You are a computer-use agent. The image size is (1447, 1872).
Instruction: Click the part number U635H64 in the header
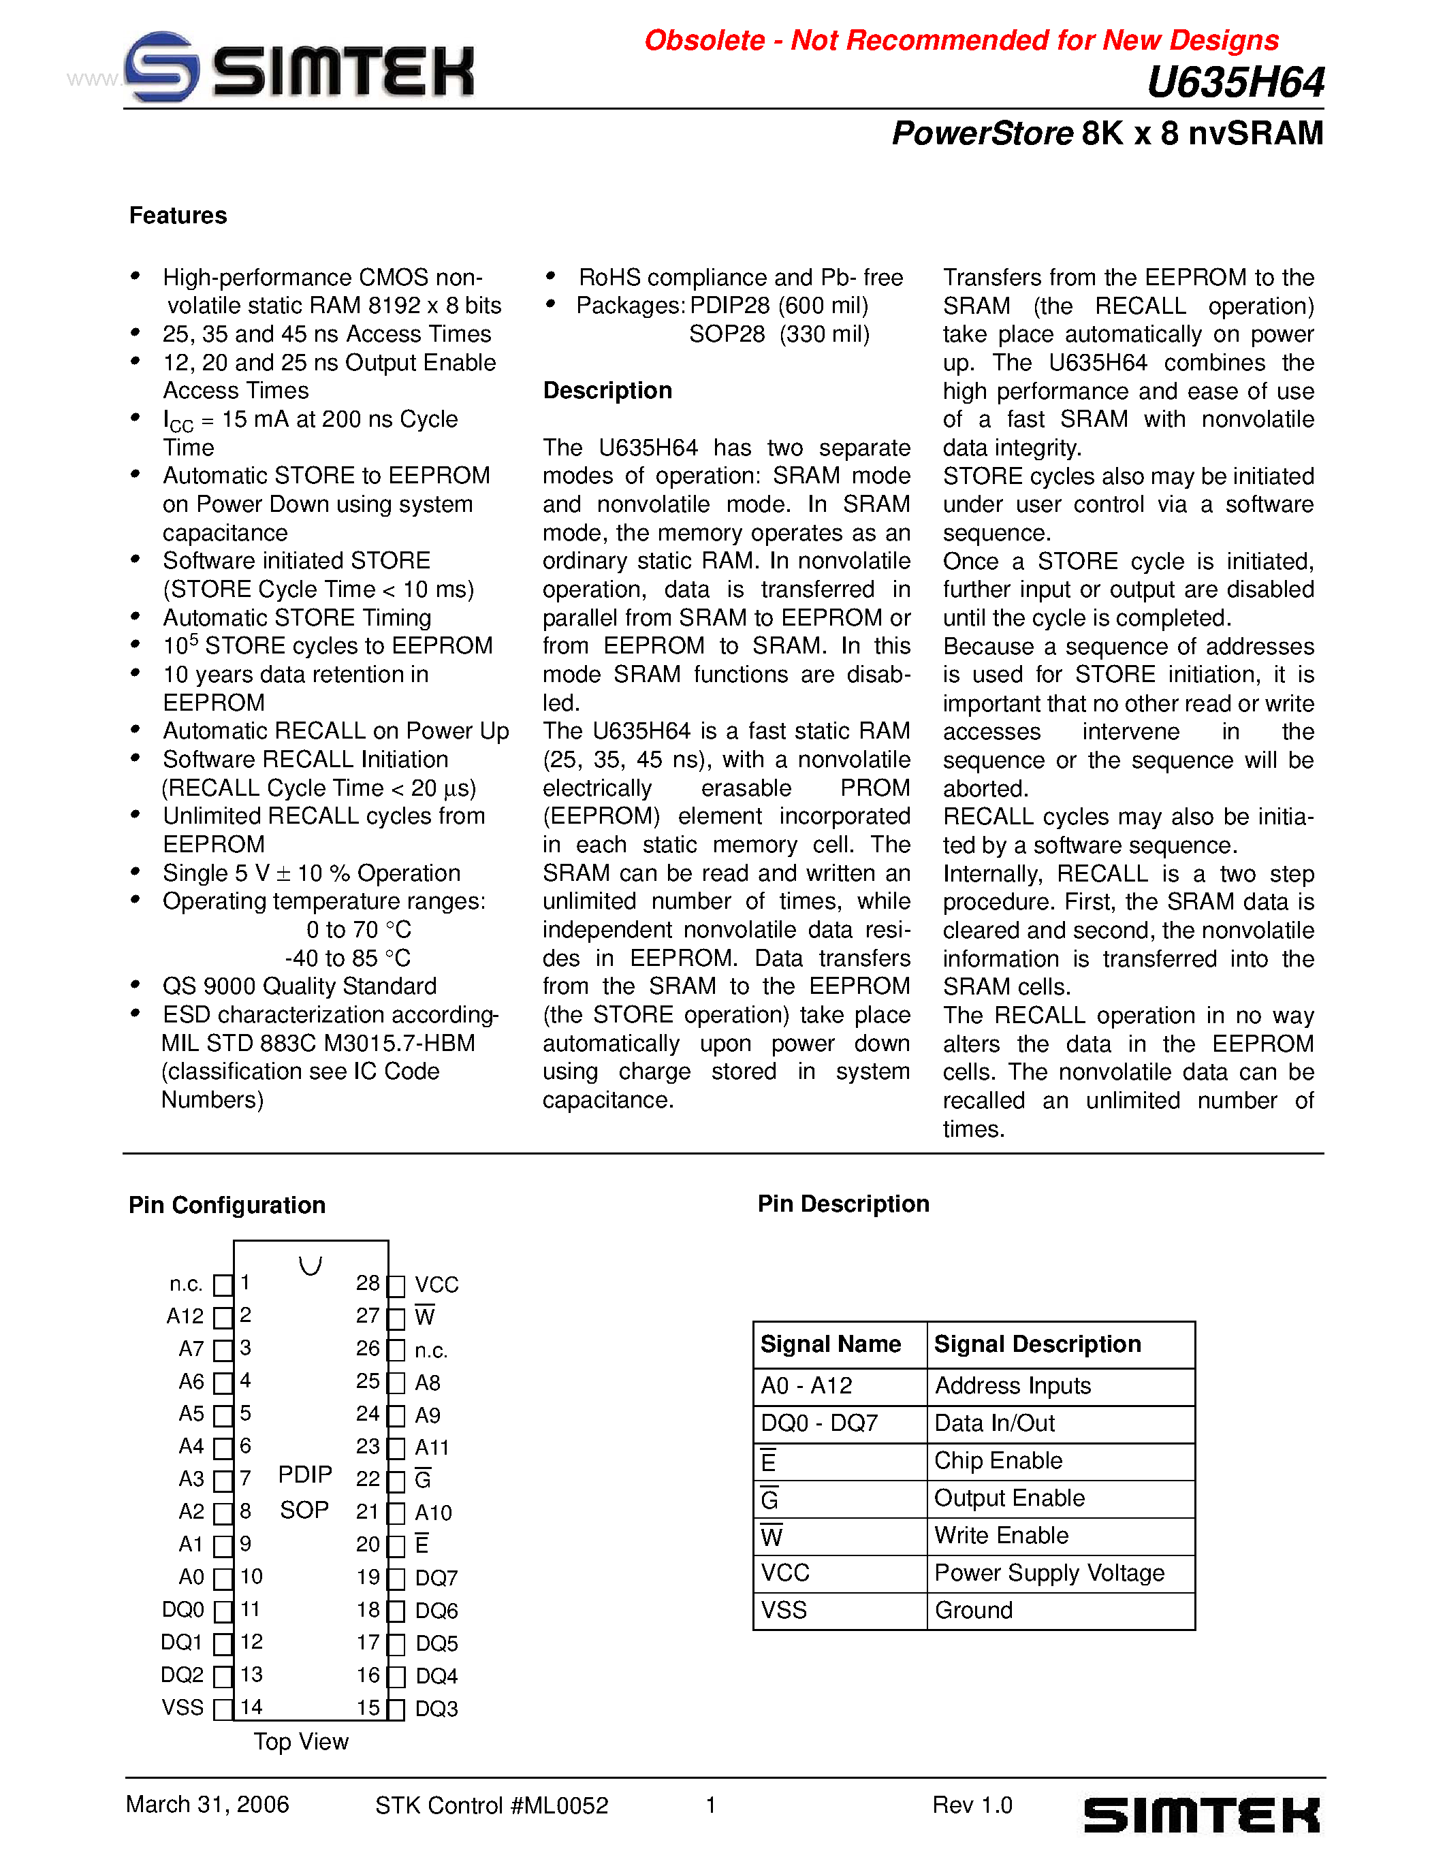click(x=1235, y=83)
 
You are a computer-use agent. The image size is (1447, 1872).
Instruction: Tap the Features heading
click(x=178, y=216)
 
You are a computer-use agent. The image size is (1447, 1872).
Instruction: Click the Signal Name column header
click(x=830, y=1344)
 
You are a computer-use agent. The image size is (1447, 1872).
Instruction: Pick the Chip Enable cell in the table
click(x=998, y=1461)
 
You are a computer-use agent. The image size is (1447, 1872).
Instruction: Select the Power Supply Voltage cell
click(x=1049, y=1573)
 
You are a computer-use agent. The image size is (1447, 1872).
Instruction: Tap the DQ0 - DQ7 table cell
click(x=818, y=1423)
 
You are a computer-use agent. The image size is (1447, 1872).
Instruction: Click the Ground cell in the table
click(x=973, y=1611)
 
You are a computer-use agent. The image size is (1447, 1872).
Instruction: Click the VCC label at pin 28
click(x=436, y=1285)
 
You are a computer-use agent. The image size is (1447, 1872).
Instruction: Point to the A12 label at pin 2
click(x=185, y=1317)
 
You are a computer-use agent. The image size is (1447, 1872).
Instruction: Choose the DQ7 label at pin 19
click(x=436, y=1578)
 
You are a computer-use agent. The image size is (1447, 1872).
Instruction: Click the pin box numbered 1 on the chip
click(x=223, y=1285)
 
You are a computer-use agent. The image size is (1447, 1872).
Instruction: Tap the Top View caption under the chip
click(x=301, y=1742)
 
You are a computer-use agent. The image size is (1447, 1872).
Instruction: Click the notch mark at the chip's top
click(x=311, y=1265)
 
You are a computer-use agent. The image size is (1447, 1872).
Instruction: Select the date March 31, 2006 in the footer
click(x=208, y=1805)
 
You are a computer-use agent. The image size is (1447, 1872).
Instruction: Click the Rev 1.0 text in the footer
click(x=972, y=1805)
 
